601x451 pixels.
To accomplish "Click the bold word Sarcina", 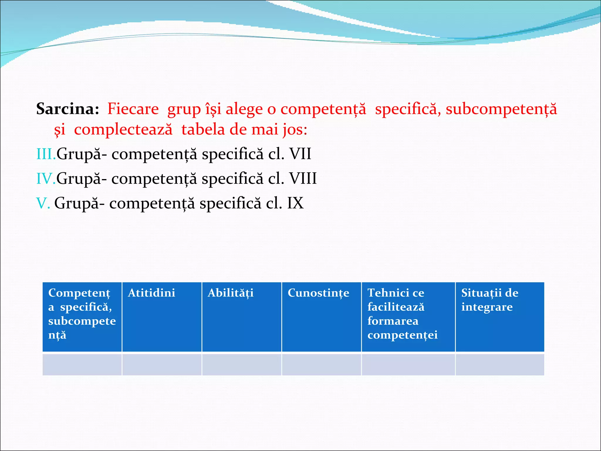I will [67, 109].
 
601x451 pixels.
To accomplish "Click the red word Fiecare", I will [133, 109].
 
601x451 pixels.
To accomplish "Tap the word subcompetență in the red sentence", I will [501, 109].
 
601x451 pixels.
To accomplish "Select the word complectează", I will [123, 129].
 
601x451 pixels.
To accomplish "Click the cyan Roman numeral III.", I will [45, 154].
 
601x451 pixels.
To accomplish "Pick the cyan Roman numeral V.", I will [43, 203].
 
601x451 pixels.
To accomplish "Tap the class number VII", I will [300, 154].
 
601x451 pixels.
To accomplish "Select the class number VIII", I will [303, 178].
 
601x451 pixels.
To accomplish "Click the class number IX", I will [295, 203].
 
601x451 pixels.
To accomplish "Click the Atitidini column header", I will [151, 293].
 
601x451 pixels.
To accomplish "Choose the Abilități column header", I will [230, 293].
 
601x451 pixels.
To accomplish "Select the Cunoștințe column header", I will [318, 293].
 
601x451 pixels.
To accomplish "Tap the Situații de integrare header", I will [489, 300].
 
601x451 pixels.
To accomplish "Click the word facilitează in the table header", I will [396, 307].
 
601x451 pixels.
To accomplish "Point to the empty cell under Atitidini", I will [162, 364].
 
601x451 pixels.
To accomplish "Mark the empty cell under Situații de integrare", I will [499, 364].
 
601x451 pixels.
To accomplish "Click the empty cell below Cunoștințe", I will [321, 364].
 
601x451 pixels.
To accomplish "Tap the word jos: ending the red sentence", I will [295, 129].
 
